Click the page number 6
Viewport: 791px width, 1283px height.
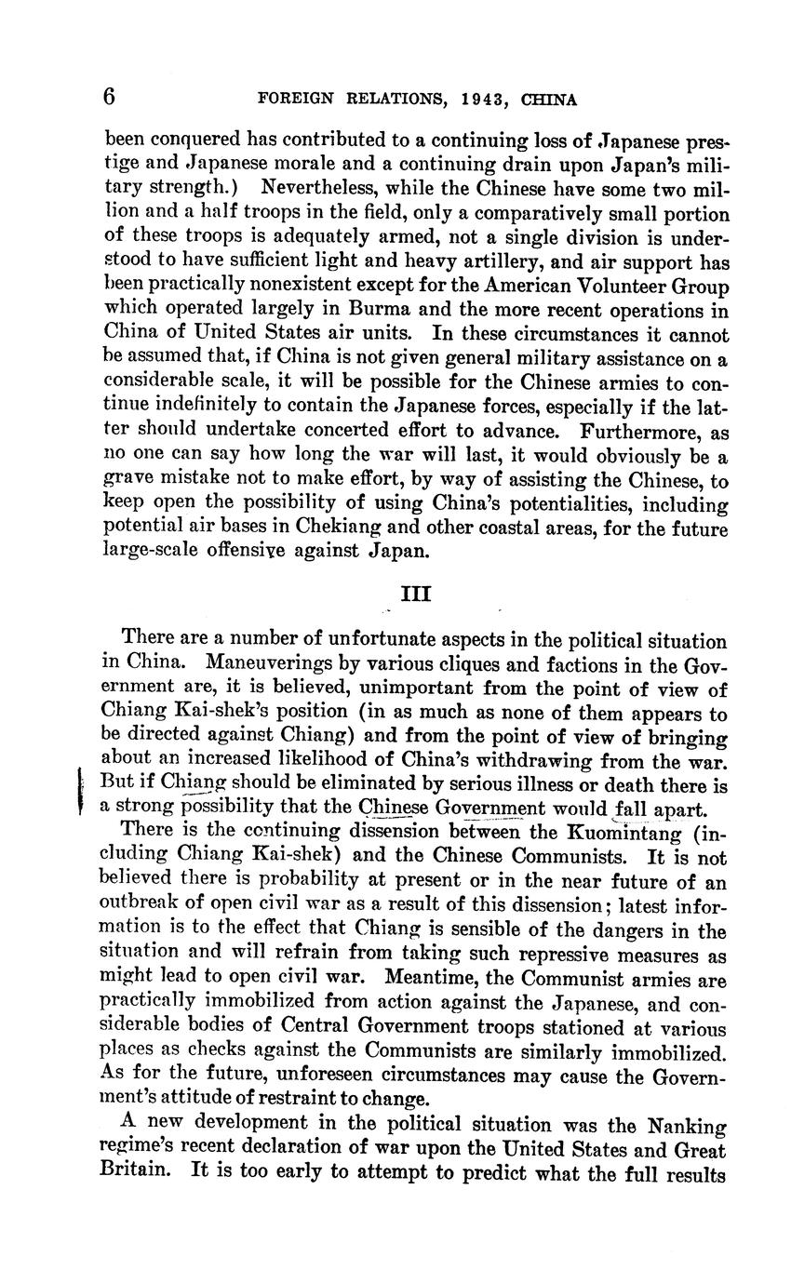(x=110, y=96)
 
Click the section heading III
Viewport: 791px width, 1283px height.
(x=415, y=594)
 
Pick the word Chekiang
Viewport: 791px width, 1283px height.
(x=356, y=527)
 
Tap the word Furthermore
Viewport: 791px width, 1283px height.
(x=638, y=432)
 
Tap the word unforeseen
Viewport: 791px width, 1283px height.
(x=351, y=1076)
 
